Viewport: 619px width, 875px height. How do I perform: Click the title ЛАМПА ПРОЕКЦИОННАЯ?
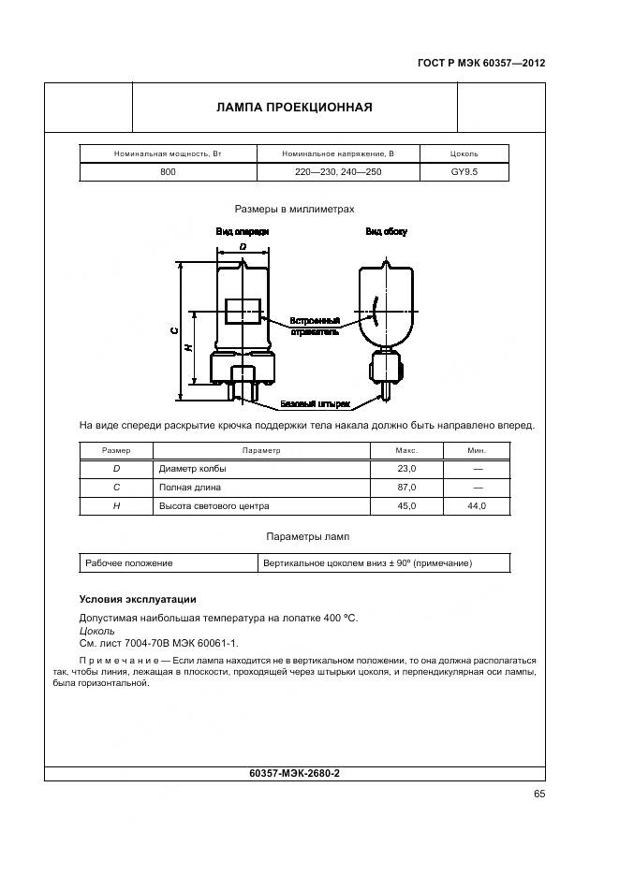pyautogui.click(x=294, y=107)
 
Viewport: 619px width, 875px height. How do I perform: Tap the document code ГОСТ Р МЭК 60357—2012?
pyautogui.click(x=480, y=64)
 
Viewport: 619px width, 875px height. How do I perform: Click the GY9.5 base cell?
pyautogui.click(x=464, y=172)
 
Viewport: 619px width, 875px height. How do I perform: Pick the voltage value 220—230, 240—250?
pyautogui.click(x=338, y=172)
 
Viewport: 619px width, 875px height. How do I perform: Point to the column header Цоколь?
pyautogui.click(x=464, y=153)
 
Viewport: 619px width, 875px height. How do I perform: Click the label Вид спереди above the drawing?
pyautogui.click(x=243, y=230)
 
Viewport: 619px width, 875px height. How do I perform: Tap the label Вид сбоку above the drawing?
pyautogui.click(x=386, y=230)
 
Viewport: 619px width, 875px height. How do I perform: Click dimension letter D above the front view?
pyautogui.click(x=243, y=246)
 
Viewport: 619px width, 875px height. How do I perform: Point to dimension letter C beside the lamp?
pyautogui.click(x=173, y=330)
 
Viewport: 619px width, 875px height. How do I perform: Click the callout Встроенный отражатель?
pyautogui.click(x=315, y=326)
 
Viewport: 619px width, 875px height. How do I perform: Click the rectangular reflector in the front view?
pyautogui.click(x=243, y=312)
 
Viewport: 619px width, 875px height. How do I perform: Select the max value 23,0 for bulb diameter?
pyautogui.click(x=405, y=468)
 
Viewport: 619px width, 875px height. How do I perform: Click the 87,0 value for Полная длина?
pyautogui.click(x=405, y=487)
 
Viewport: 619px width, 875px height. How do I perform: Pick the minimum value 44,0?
pyautogui.click(x=477, y=505)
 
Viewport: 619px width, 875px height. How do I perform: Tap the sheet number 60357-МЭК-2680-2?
pyautogui.click(x=295, y=774)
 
